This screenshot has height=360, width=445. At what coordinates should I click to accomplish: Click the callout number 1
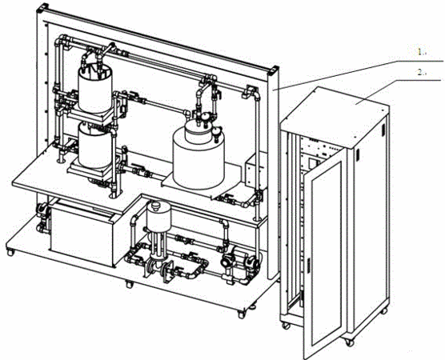click(x=422, y=52)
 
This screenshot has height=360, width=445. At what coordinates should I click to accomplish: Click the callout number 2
click(x=422, y=73)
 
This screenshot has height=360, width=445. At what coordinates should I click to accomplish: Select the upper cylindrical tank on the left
click(x=95, y=88)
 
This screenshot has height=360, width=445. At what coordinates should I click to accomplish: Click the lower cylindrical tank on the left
click(x=94, y=147)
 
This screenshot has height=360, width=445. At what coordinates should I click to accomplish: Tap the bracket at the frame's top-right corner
click(x=273, y=70)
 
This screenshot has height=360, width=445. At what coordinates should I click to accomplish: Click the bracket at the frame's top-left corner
click(x=42, y=8)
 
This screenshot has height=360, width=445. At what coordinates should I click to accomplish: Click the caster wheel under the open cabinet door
click(x=350, y=342)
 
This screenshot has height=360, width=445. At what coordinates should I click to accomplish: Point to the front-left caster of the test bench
click(x=10, y=252)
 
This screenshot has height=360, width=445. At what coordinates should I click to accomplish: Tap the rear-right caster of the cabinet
click(x=384, y=311)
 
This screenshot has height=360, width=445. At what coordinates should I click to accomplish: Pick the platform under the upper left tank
click(x=90, y=115)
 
